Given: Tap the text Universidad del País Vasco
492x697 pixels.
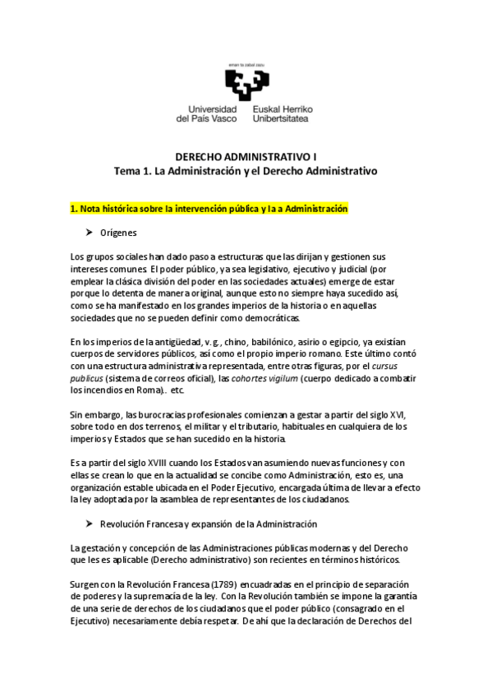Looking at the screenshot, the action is pyautogui.click(x=206, y=113).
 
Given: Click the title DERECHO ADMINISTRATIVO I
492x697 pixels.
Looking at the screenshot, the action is pyautogui.click(x=246, y=156).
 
